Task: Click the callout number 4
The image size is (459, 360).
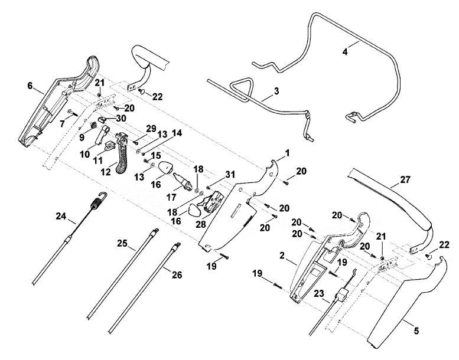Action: point(345,53)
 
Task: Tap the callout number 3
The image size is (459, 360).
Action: point(276,91)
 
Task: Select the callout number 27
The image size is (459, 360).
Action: point(405,179)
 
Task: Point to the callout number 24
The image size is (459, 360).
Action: point(61,217)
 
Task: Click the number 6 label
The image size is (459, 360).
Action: point(30,86)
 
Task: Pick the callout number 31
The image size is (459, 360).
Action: point(230,175)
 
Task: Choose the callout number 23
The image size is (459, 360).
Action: point(320,293)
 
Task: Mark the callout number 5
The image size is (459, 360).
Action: point(416,330)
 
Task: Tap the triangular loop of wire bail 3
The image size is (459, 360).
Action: point(241,88)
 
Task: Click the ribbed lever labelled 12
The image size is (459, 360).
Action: point(122,153)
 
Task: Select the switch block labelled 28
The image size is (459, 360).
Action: point(213,201)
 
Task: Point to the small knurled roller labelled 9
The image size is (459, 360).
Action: point(93,125)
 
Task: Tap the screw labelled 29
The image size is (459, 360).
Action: point(135,142)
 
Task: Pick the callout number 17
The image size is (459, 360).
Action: point(171,197)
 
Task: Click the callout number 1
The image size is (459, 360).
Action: point(287,153)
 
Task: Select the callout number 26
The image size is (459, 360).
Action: point(177,274)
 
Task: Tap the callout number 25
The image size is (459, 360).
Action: point(123,243)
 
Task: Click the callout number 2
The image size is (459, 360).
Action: point(282,256)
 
